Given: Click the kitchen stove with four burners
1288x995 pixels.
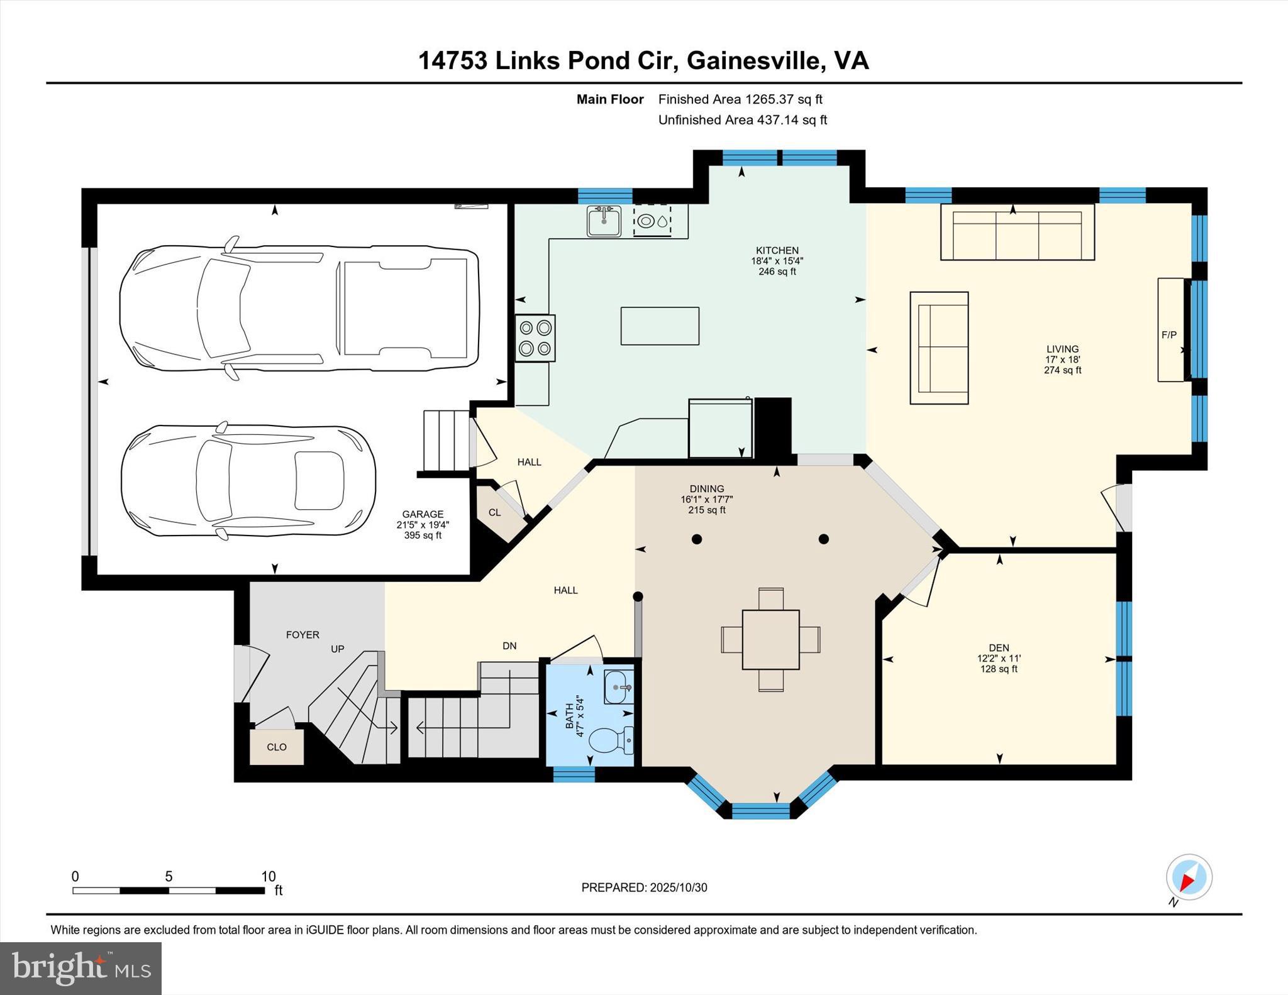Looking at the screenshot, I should click(x=535, y=338).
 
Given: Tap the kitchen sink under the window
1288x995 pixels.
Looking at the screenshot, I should click(x=604, y=221).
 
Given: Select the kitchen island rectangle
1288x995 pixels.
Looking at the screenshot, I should click(x=660, y=326).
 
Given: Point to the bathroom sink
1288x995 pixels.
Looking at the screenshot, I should click(x=618, y=687).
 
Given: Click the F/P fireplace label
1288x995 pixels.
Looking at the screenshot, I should click(x=1169, y=335).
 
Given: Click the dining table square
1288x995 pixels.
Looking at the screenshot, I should click(x=770, y=639).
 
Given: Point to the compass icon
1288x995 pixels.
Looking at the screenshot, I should click(x=1189, y=877).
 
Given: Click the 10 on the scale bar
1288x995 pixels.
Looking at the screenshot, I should click(x=269, y=876).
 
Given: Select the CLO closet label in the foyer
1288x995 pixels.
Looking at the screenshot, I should click(x=277, y=747).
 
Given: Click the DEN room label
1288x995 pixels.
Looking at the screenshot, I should click(x=999, y=647).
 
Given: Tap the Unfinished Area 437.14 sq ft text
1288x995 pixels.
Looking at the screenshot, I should click(x=742, y=119).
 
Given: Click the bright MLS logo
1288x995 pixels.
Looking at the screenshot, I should click(x=80, y=968).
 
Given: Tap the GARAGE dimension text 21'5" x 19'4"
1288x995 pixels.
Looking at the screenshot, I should click(x=423, y=525).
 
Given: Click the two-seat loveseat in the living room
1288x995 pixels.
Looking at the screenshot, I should click(x=939, y=348).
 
